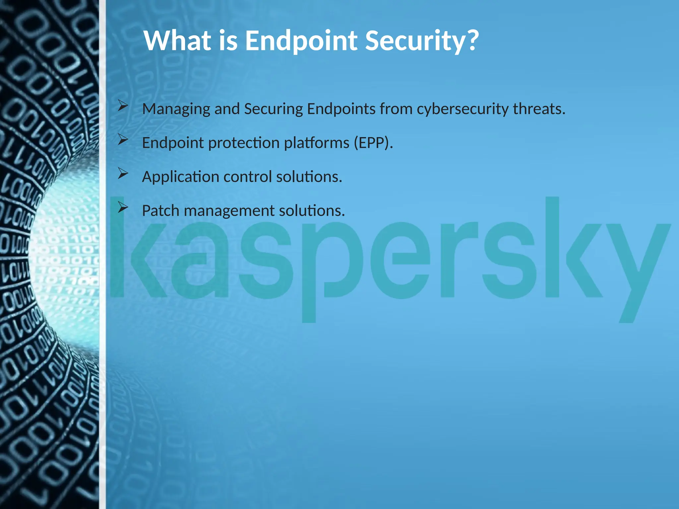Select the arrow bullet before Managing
pos(123,106)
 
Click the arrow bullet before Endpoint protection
pos(123,140)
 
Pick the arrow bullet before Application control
pos(123,174)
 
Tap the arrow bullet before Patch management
pos(123,208)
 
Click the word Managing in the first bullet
pos(176,109)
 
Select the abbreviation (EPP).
pos(373,143)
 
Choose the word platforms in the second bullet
pos(317,143)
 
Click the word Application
pos(181,177)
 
